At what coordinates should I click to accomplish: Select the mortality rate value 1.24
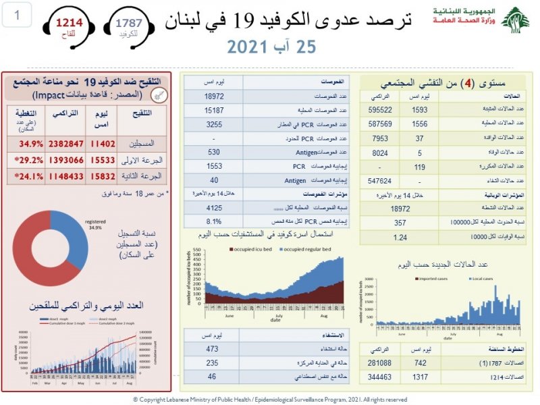point(401,237)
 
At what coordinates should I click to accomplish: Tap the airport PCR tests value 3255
point(213,124)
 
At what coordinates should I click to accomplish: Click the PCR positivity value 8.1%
point(213,219)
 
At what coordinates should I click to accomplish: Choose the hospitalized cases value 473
point(213,348)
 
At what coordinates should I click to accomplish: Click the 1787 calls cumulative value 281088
point(379,363)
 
